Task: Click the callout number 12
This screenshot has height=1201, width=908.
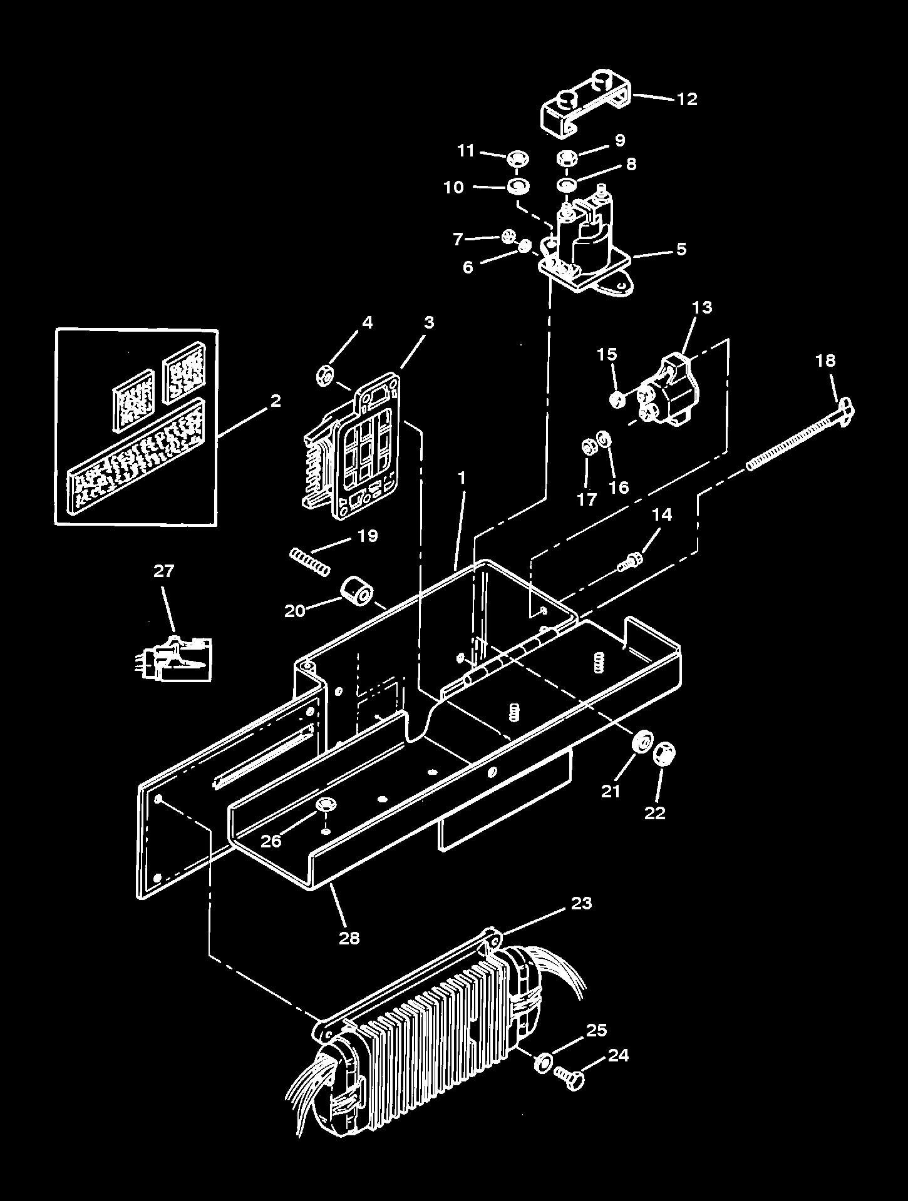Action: click(686, 99)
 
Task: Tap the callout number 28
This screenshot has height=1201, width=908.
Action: click(349, 938)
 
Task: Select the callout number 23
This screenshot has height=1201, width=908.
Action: click(581, 903)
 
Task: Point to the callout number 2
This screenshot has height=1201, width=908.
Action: click(275, 401)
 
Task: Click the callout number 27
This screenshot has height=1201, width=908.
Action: click(164, 571)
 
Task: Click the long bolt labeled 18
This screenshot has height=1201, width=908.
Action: click(795, 441)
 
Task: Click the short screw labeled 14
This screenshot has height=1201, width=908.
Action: click(627, 564)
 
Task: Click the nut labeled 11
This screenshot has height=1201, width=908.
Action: click(516, 156)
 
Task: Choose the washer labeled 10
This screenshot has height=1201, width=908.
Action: click(518, 187)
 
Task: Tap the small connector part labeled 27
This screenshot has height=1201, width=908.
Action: click(175, 659)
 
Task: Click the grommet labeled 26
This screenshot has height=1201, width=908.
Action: click(325, 805)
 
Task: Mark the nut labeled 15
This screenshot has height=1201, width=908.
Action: click(617, 399)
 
